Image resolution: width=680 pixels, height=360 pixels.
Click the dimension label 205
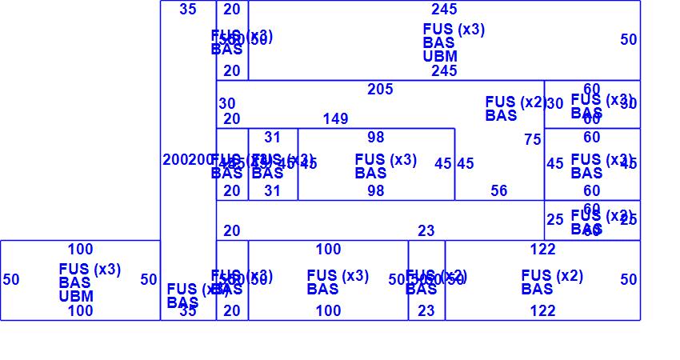[x=380, y=90]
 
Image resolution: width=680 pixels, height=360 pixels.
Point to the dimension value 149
[x=335, y=119]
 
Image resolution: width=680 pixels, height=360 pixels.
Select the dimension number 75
[x=532, y=140]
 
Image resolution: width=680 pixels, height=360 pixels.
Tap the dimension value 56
[x=499, y=190]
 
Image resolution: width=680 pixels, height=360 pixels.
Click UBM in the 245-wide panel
[x=440, y=56]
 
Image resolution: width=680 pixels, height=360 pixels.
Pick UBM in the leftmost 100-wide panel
[x=76, y=296]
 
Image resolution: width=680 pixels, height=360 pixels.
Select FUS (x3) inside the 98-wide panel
[x=386, y=160]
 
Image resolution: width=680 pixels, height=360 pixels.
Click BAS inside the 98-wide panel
[x=370, y=173]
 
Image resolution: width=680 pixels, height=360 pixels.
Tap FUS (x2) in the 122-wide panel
[x=552, y=276]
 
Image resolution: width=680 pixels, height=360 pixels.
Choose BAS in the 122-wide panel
[x=537, y=289]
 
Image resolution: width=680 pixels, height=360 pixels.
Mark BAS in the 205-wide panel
[x=501, y=115]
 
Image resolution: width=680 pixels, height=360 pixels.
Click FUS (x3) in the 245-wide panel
[x=454, y=30]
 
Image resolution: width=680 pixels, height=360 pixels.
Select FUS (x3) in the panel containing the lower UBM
[x=90, y=270]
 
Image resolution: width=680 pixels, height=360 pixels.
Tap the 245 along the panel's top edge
[x=444, y=10]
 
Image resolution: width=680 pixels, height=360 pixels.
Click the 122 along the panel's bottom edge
[x=542, y=311]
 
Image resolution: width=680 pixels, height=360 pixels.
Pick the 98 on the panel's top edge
[x=376, y=138]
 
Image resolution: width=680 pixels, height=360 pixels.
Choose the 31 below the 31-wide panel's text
[x=273, y=190]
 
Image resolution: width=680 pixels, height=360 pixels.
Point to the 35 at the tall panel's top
[x=188, y=10]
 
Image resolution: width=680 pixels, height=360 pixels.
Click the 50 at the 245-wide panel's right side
[x=629, y=39]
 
